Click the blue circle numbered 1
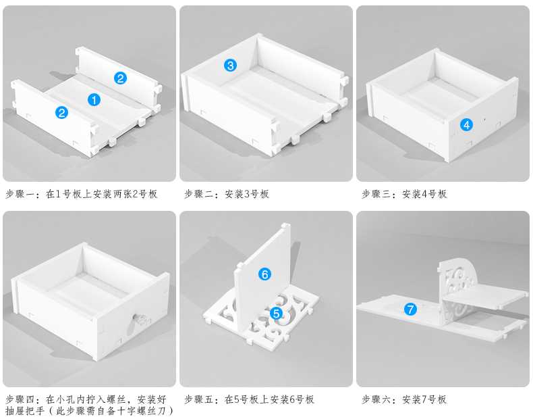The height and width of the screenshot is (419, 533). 94,99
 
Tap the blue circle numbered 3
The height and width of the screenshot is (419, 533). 231,66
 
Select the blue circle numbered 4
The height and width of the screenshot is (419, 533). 466,124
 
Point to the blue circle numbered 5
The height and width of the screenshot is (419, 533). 276,314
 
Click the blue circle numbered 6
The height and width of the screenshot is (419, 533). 264,274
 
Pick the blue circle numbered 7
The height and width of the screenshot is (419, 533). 410,310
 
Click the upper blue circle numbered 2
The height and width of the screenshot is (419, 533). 120,78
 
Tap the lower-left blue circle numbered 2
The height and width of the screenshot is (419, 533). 62,113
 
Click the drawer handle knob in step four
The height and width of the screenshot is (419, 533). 142,318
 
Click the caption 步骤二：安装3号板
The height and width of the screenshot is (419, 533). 227,194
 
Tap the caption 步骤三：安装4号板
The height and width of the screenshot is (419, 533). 404,194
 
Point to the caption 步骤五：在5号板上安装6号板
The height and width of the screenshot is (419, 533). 249,399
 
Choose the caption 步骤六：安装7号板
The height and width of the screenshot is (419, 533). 404,399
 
